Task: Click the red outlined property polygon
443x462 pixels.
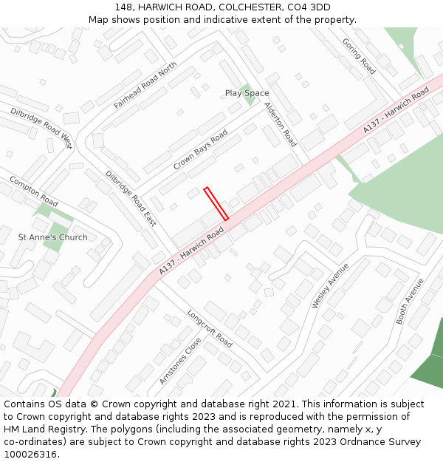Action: pyautogui.click(x=216, y=203)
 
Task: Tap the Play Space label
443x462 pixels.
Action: pyautogui.click(x=247, y=93)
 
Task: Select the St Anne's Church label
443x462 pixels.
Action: pyautogui.click(x=52, y=237)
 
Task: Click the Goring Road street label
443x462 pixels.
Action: pyautogui.click(x=359, y=56)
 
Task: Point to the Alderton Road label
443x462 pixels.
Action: pyautogui.click(x=280, y=124)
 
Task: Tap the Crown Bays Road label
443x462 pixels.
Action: pyautogui.click(x=200, y=151)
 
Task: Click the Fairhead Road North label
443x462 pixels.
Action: pyautogui.click(x=145, y=86)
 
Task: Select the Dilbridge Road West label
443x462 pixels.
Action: pyautogui.click(x=41, y=128)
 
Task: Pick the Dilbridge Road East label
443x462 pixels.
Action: pyautogui.click(x=131, y=197)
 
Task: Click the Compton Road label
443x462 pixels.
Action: pyautogui.click(x=33, y=191)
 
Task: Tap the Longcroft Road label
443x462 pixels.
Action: pyautogui.click(x=209, y=328)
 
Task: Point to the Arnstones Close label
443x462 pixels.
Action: pyautogui.click(x=180, y=361)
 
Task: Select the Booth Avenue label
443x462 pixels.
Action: pyautogui.click(x=410, y=301)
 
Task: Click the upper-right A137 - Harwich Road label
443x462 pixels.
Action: pyautogui.click(x=396, y=111)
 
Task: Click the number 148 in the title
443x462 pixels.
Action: pyautogui.click(x=123, y=7)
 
